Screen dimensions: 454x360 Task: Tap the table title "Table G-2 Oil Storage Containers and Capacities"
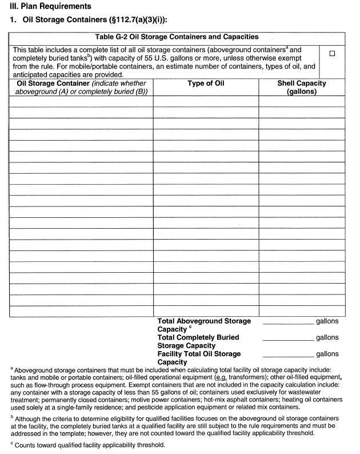177,37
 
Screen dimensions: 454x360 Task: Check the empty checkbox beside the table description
332,54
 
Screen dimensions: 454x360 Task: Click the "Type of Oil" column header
206,83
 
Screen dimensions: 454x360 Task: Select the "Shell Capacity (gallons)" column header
301,87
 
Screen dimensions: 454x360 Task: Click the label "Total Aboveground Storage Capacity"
203,325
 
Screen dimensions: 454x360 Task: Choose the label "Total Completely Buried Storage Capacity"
198,341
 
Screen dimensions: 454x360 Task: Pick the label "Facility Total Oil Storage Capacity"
199,358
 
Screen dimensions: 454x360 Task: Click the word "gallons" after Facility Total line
327,355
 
